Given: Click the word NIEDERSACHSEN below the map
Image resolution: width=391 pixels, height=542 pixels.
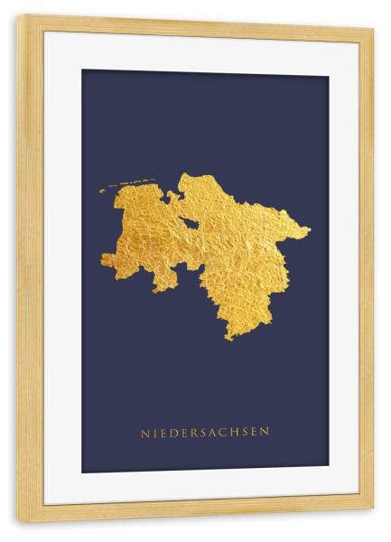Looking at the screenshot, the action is [205, 433].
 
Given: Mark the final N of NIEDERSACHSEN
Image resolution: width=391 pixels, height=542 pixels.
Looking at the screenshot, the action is [265, 433].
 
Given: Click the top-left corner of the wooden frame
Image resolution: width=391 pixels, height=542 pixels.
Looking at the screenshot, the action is [18, 16].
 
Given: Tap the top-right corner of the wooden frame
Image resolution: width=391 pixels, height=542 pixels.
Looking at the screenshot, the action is [371, 29].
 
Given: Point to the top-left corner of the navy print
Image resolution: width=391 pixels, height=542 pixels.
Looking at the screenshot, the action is [83, 70].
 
